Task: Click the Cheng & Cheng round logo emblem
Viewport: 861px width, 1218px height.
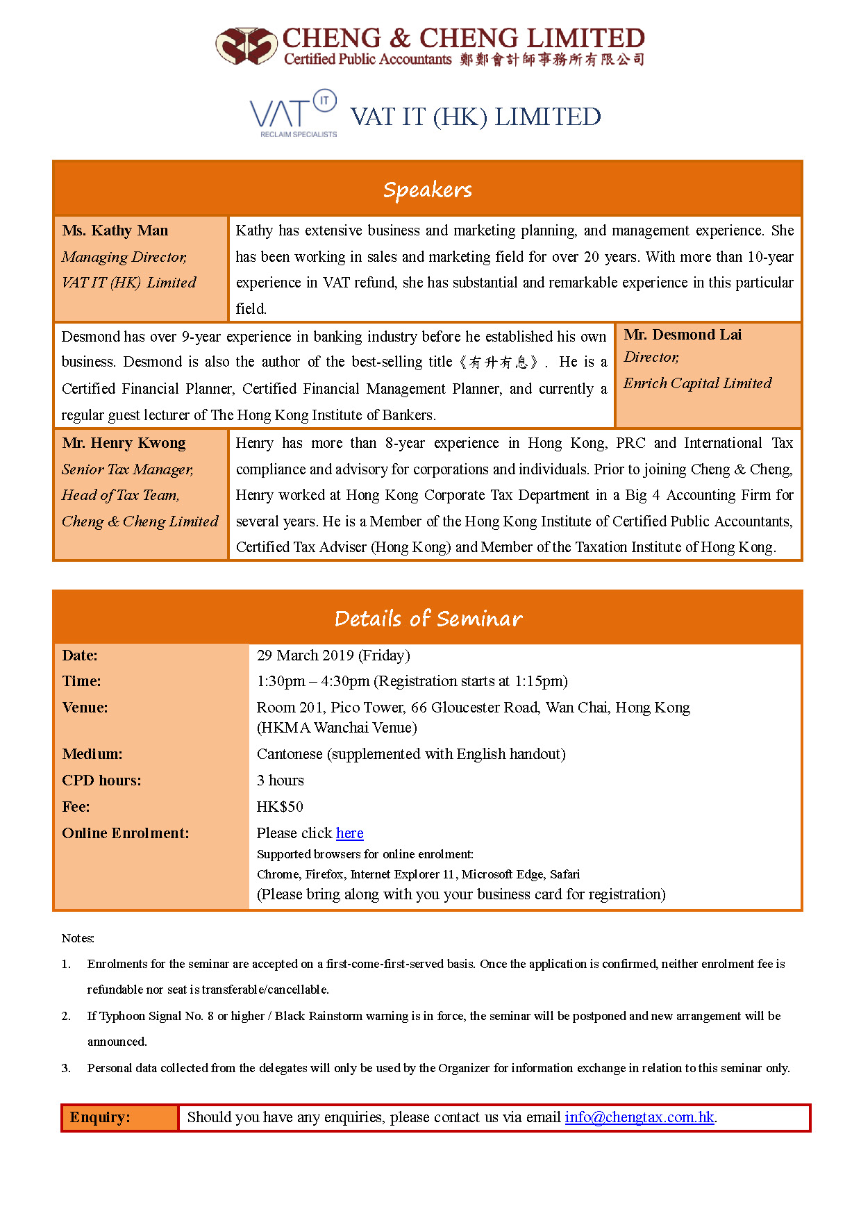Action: point(246,46)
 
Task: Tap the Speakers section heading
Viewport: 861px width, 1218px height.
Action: point(427,190)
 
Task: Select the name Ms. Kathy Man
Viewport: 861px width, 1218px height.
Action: point(115,231)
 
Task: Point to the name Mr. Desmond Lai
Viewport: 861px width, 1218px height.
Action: point(683,335)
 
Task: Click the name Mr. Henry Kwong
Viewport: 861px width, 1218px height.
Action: point(124,443)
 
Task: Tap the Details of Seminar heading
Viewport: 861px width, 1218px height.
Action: point(428,618)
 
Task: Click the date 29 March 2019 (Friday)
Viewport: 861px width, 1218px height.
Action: point(333,656)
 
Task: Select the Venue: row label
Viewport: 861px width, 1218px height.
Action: point(85,708)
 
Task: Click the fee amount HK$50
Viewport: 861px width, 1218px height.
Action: point(280,807)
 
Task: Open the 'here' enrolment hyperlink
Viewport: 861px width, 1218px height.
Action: point(349,833)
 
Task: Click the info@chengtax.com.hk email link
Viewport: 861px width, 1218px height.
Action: point(639,1117)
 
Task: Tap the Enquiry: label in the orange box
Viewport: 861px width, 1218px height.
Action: point(100,1117)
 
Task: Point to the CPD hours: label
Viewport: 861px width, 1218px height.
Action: point(101,781)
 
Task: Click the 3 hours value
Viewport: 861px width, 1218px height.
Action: point(280,781)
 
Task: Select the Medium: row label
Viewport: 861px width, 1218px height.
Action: point(92,754)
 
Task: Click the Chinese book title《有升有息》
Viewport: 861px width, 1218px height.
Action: point(499,362)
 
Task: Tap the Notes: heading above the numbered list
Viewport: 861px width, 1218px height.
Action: point(78,938)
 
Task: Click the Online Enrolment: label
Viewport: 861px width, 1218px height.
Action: point(125,833)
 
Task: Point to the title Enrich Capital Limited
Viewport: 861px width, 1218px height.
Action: point(697,383)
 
